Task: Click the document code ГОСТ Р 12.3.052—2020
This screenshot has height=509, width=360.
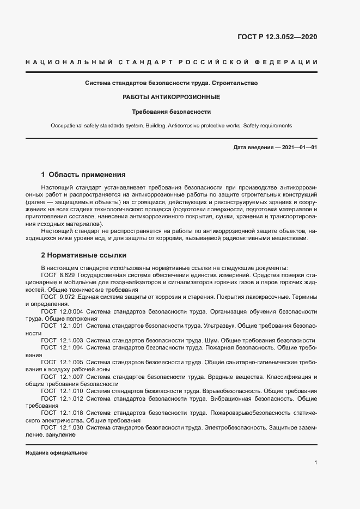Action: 277,37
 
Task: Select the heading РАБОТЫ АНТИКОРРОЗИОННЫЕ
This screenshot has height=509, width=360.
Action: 171,97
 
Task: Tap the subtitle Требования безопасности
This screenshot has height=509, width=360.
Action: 171,112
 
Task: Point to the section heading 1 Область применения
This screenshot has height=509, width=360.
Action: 83,175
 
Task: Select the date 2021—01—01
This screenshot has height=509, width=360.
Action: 298,148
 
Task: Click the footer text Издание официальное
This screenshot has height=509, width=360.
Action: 57,453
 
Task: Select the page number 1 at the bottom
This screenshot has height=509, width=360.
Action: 316,463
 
